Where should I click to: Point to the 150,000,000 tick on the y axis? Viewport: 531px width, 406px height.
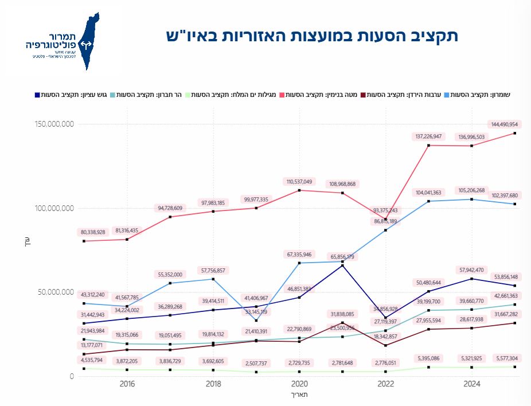point(53,124)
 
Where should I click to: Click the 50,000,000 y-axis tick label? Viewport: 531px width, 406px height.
point(56,292)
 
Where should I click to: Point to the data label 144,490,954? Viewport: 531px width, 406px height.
point(505,124)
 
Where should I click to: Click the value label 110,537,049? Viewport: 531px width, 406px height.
point(300,181)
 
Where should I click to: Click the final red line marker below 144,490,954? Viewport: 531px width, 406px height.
point(515,133)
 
